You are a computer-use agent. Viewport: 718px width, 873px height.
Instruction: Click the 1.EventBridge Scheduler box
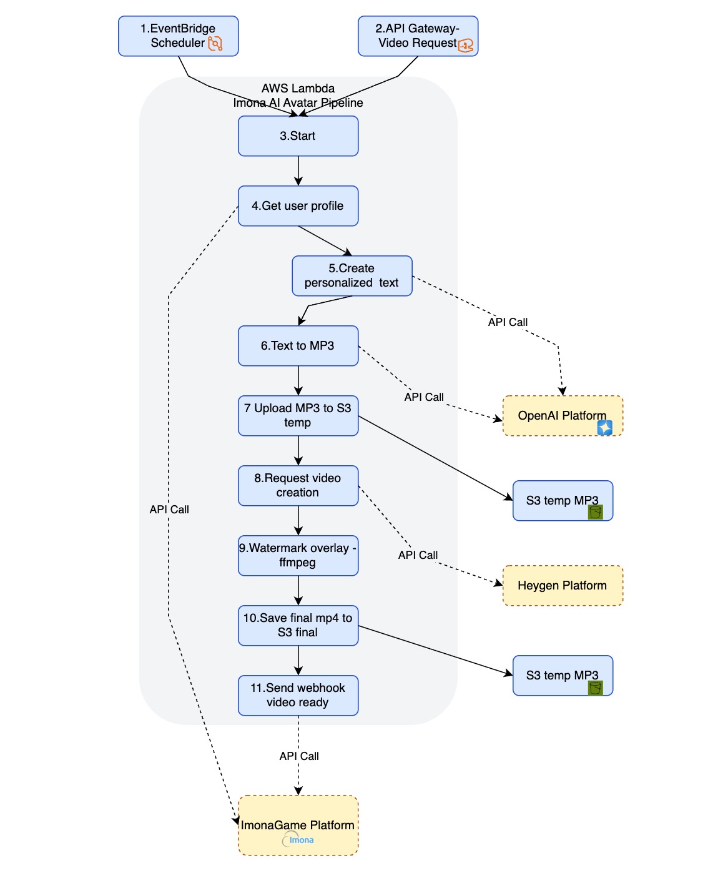click(x=178, y=36)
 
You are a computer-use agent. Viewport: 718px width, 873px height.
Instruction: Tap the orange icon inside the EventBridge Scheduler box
click(x=215, y=44)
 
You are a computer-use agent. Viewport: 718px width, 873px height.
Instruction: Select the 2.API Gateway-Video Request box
click(x=418, y=36)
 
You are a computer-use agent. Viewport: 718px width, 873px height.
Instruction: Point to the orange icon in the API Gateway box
click(x=466, y=46)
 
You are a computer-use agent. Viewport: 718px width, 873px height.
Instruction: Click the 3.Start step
click(x=298, y=136)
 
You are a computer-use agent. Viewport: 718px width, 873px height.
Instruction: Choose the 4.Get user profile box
click(x=298, y=206)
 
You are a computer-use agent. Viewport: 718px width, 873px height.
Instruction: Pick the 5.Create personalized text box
click(x=352, y=276)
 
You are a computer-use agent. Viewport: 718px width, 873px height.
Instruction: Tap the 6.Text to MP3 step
click(x=298, y=346)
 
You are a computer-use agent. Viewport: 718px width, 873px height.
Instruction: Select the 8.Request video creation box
click(x=298, y=486)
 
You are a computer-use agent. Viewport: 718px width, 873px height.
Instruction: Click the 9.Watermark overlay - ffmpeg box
click(x=298, y=556)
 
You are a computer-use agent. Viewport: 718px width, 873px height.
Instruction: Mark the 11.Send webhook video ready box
click(x=298, y=696)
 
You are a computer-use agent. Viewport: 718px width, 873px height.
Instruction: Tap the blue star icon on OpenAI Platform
click(x=604, y=427)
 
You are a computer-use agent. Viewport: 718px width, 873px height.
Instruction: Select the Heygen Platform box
click(x=563, y=586)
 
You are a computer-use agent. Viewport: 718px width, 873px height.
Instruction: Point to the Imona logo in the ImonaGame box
click(x=298, y=840)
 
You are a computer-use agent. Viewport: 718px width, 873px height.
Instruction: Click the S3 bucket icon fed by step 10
click(x=595, y=688)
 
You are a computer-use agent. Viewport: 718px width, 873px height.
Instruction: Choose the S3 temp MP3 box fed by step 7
click(x=562, y=501)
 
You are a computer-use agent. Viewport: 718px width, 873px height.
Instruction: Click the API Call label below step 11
click(x=299, y=756)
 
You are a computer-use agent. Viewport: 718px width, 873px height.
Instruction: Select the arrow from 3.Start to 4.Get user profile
click(x=298, y=170)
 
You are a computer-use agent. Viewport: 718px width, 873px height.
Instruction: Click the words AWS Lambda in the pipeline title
click(x=298, y=89)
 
